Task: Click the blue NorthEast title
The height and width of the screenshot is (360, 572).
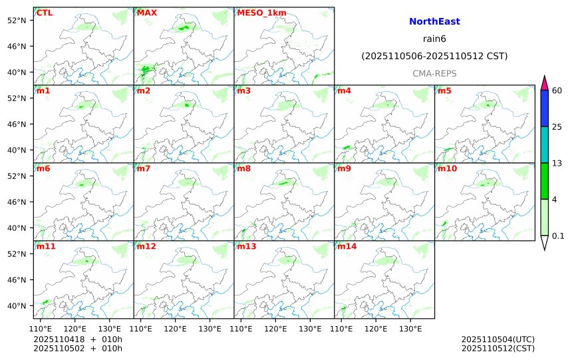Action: click(x=434, y=22)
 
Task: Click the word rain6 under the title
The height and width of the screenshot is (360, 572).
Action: click(x=434, y=39)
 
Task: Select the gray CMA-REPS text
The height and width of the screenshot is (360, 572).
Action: click(x=434, y=73)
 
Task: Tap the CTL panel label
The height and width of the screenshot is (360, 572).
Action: click(x=45, y=13)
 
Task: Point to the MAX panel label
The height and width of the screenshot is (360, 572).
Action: click(x=146, y=13)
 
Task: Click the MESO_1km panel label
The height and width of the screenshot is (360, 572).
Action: click(x=257, y=13)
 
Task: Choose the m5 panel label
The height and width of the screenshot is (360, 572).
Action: click(x=444, y=90)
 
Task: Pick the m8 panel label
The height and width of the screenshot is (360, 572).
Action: click(x=243, y=168)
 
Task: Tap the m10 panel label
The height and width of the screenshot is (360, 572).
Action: click(x=446, y=168)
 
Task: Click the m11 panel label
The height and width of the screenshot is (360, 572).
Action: click(x=47, y=246)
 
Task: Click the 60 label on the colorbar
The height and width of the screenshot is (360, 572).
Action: click(x=557, y=90)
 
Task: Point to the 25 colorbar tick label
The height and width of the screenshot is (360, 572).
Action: click(x=557, y=127)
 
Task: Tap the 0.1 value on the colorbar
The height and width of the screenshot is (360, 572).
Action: click(x=558, y=236)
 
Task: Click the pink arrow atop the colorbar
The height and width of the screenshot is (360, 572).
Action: click(x=544, y=83)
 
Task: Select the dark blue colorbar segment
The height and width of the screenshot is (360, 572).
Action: click(x=544, y=108)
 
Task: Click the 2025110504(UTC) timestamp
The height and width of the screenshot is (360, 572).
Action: click(x=498, y=339)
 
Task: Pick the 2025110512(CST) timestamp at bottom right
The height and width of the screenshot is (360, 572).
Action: click(x=498, y=348)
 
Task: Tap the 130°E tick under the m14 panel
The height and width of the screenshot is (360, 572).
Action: click(x=410, y=329)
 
